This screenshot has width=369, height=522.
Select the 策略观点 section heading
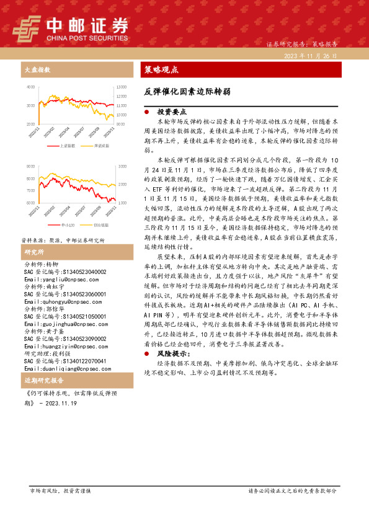[161, 69]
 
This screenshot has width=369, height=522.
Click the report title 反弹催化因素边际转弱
[187, 91]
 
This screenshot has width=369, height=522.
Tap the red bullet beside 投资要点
[146, 112]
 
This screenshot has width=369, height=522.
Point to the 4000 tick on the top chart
[31, 87]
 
